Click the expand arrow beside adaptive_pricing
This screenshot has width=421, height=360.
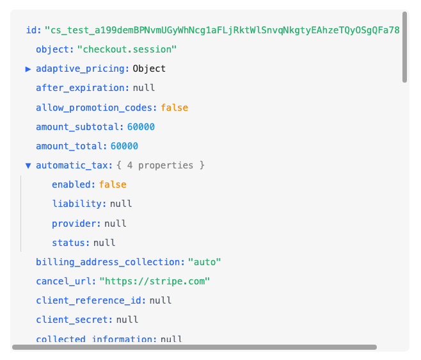pos(28,69)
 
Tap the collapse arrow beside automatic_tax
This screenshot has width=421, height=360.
pos(28,165)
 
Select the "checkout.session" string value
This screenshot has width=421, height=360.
pos(127,49)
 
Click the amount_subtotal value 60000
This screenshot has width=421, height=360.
pos(141,127)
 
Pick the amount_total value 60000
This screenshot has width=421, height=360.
pos(124,146)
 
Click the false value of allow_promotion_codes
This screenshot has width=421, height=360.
pos(175,108)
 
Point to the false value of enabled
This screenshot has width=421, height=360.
pos(113,184)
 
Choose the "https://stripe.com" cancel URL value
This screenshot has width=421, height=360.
pos(155,281)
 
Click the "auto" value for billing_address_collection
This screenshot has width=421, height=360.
pos(204,262)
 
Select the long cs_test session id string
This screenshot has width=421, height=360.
pos(222,30)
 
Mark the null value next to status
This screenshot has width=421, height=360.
pos(104,243)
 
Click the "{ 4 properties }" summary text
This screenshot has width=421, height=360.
pos(161,165)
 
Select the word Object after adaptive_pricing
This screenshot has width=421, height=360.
pos(149,69)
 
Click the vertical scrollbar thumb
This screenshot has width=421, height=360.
pos(404,47)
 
